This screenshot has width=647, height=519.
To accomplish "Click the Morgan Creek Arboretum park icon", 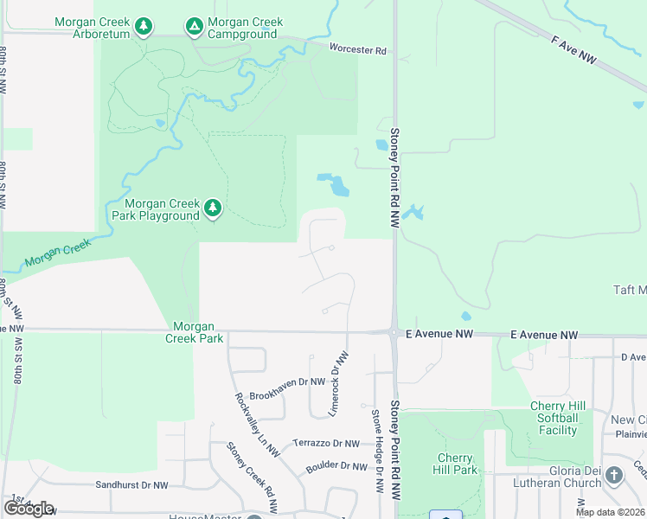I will pyautogui.click(x=145, y=28).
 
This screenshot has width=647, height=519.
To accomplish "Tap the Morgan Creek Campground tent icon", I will pyautogui.click(x=194, y=28).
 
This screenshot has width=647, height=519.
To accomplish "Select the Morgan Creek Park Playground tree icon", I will pyautogui.click(x=213, y=208).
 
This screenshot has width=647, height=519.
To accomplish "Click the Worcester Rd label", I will pyautogui.click(x=357, y=50).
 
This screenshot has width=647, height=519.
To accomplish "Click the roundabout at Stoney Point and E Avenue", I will pyautogui.click(x=394, y=332).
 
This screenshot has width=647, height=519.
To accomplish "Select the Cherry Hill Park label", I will pyautogui.click(x=455, y=465).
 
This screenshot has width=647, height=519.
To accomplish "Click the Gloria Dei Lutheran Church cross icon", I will pyautogui.click(x=614, y=476).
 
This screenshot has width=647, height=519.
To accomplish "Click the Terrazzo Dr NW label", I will pyautogui.click(x=325, y=444).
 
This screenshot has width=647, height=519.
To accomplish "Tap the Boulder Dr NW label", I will pyautogui.click(x=336, y=466).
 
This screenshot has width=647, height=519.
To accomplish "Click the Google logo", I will pyautogui.click(x=29, y=509).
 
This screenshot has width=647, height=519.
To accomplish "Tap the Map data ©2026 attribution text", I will pyautogui.click(x=610, y=512).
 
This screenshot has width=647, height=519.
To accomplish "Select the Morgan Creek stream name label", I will pyautogui.click(x=57, y=253).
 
